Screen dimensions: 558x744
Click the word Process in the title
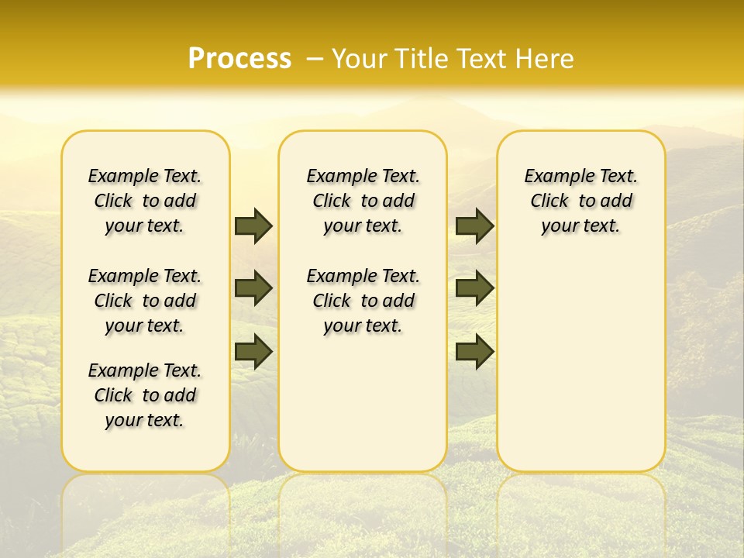point(239,58)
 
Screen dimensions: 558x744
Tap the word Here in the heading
point(546,58)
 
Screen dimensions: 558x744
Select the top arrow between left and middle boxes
point(253,226)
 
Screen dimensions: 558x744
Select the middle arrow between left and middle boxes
point(253,288)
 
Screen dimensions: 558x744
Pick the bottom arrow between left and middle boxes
point(253,351)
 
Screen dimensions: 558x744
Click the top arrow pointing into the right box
point(474,226)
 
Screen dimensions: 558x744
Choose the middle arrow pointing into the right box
point(474,288)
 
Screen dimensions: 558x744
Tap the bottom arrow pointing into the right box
point(474,351)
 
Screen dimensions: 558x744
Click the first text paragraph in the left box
point(145,201)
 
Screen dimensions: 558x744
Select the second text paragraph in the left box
point(145,301)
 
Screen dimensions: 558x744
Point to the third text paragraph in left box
point(145,395)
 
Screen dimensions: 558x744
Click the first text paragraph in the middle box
point(363,201)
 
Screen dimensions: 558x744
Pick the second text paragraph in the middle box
point(363,301)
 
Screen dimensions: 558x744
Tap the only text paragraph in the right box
point(581,201)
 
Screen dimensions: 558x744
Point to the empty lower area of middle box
point(363,403)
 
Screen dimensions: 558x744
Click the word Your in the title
point(360,58)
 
